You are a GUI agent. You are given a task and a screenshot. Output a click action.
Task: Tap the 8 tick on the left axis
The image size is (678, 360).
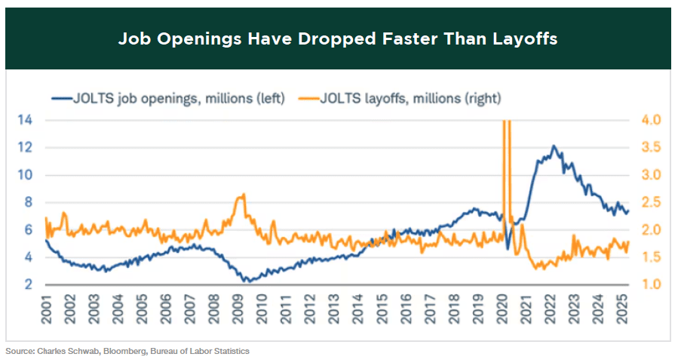pos(29,202)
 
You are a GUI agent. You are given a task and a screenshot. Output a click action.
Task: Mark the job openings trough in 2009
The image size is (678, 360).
pos(245,281)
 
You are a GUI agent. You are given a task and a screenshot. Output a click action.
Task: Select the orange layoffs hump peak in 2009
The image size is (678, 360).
pos(241,195)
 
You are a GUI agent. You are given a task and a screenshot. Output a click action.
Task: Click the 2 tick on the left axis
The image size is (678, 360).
pos(29,285)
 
